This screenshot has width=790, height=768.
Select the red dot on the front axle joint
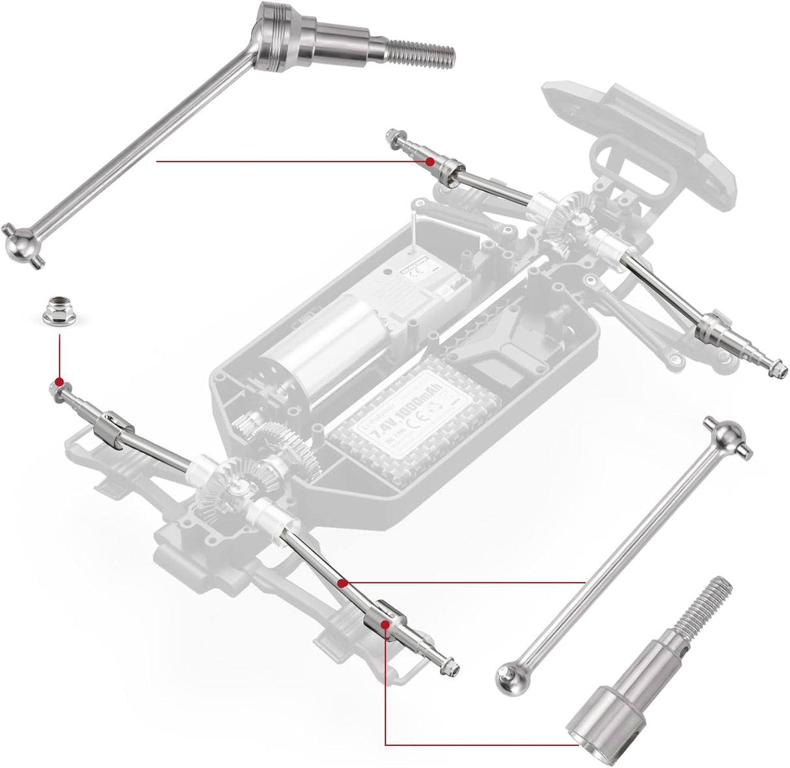click(x=429, y=160)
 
